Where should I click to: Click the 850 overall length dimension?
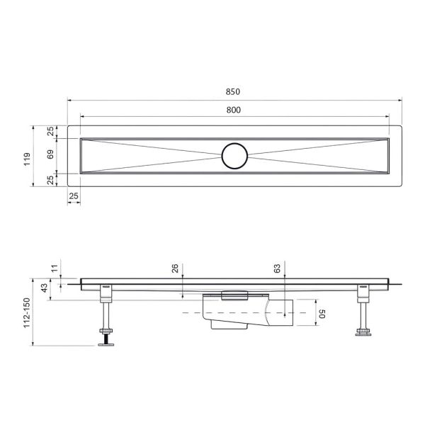tap(234, 92)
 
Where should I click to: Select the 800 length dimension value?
tap(234, 109)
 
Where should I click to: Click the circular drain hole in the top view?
tap(234, 154)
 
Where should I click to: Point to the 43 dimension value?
tap(45, 289)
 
